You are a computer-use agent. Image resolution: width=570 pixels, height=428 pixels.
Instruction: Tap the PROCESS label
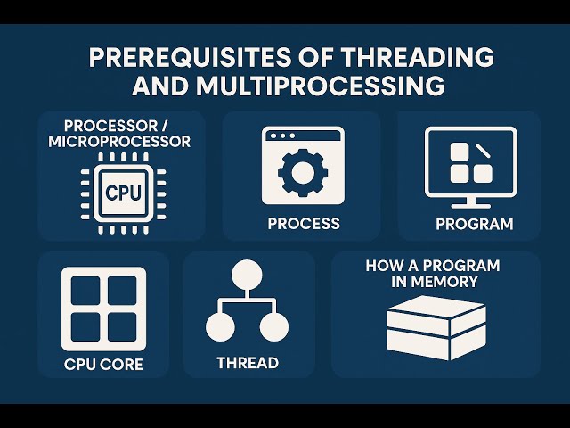click(x=303, y=223)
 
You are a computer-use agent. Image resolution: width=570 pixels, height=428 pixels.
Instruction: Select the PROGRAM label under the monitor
click(x=474, y=224)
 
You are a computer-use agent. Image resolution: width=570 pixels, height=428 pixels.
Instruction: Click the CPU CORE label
click(x=103, y=365)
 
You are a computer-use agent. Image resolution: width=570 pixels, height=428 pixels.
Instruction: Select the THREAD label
click(x=248, y=363)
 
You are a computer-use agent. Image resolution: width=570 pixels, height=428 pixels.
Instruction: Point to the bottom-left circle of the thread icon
click(x=220, y=327)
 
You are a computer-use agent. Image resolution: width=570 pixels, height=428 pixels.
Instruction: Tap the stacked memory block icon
click(x=436, y=326)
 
